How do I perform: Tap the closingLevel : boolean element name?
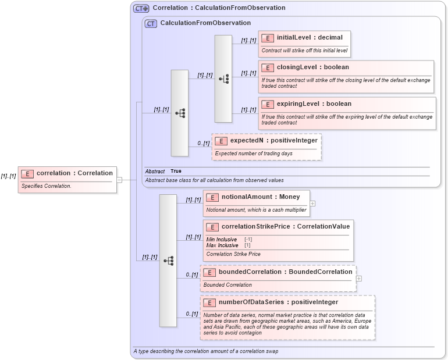312,67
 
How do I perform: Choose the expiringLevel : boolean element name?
314,104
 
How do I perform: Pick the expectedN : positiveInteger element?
273,141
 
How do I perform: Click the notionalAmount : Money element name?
261,197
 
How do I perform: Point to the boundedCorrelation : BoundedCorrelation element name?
285,272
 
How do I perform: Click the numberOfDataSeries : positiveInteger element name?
278,302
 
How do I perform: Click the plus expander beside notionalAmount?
312,204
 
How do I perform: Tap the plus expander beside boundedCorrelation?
359,279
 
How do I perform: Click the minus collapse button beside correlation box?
119,180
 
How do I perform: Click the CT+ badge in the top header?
141,8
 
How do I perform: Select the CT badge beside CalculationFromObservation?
151,23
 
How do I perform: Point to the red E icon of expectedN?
221,141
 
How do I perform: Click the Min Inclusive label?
222,239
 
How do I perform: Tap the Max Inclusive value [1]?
247,245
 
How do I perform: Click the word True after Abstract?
176,171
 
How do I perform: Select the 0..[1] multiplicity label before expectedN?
202,143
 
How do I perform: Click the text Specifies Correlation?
47,186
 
